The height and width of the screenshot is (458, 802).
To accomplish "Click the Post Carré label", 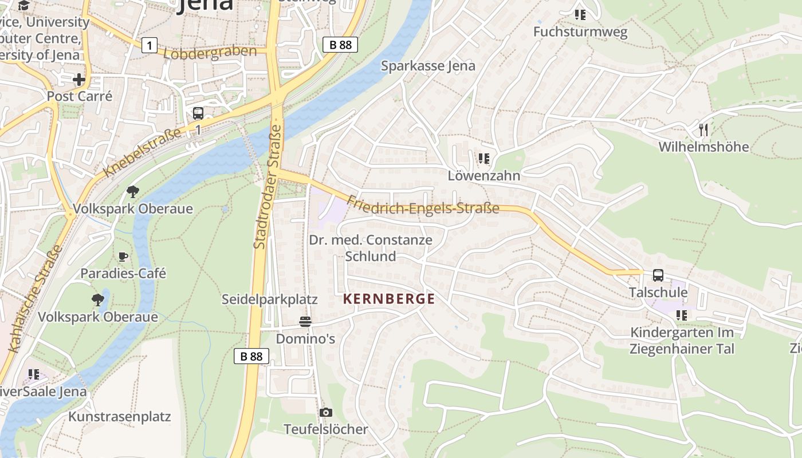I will click(x=79, y=96).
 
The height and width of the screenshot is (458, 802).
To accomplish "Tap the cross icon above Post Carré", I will click(x=79, y=79).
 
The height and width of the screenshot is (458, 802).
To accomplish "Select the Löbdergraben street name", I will click(x=210, y=53).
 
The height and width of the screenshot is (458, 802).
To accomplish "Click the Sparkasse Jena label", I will click(x=428, y=66).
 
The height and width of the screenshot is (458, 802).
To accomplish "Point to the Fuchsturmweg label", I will click(x=580, y=32).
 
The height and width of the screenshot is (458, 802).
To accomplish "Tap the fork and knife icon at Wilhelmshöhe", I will click(x=703, y=130).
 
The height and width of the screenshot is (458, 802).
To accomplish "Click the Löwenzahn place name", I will click(x=484, y=175).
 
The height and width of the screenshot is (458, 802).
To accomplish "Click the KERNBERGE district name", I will click(x=389, y=299).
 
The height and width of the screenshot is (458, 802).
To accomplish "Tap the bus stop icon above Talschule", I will click(x=658, y=275).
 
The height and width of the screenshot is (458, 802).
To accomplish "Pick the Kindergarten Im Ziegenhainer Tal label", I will click(x=682, y=341).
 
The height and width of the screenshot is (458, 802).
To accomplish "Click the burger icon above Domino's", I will click(x=305, y=322).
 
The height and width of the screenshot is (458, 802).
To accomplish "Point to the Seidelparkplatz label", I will click(x=269, y=299).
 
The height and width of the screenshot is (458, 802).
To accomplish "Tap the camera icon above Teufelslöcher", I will click(x=325, y=412).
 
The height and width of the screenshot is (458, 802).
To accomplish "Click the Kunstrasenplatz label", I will click(x=119, y=416).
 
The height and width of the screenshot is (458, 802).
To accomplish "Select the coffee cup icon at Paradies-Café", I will click(x=123, y=256).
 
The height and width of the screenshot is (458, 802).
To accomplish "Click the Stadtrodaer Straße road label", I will click(x=268, y=186).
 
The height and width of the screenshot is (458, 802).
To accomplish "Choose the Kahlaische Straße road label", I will click(x=35, y=298).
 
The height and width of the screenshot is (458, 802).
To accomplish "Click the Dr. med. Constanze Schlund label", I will click(x=371, y=248).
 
